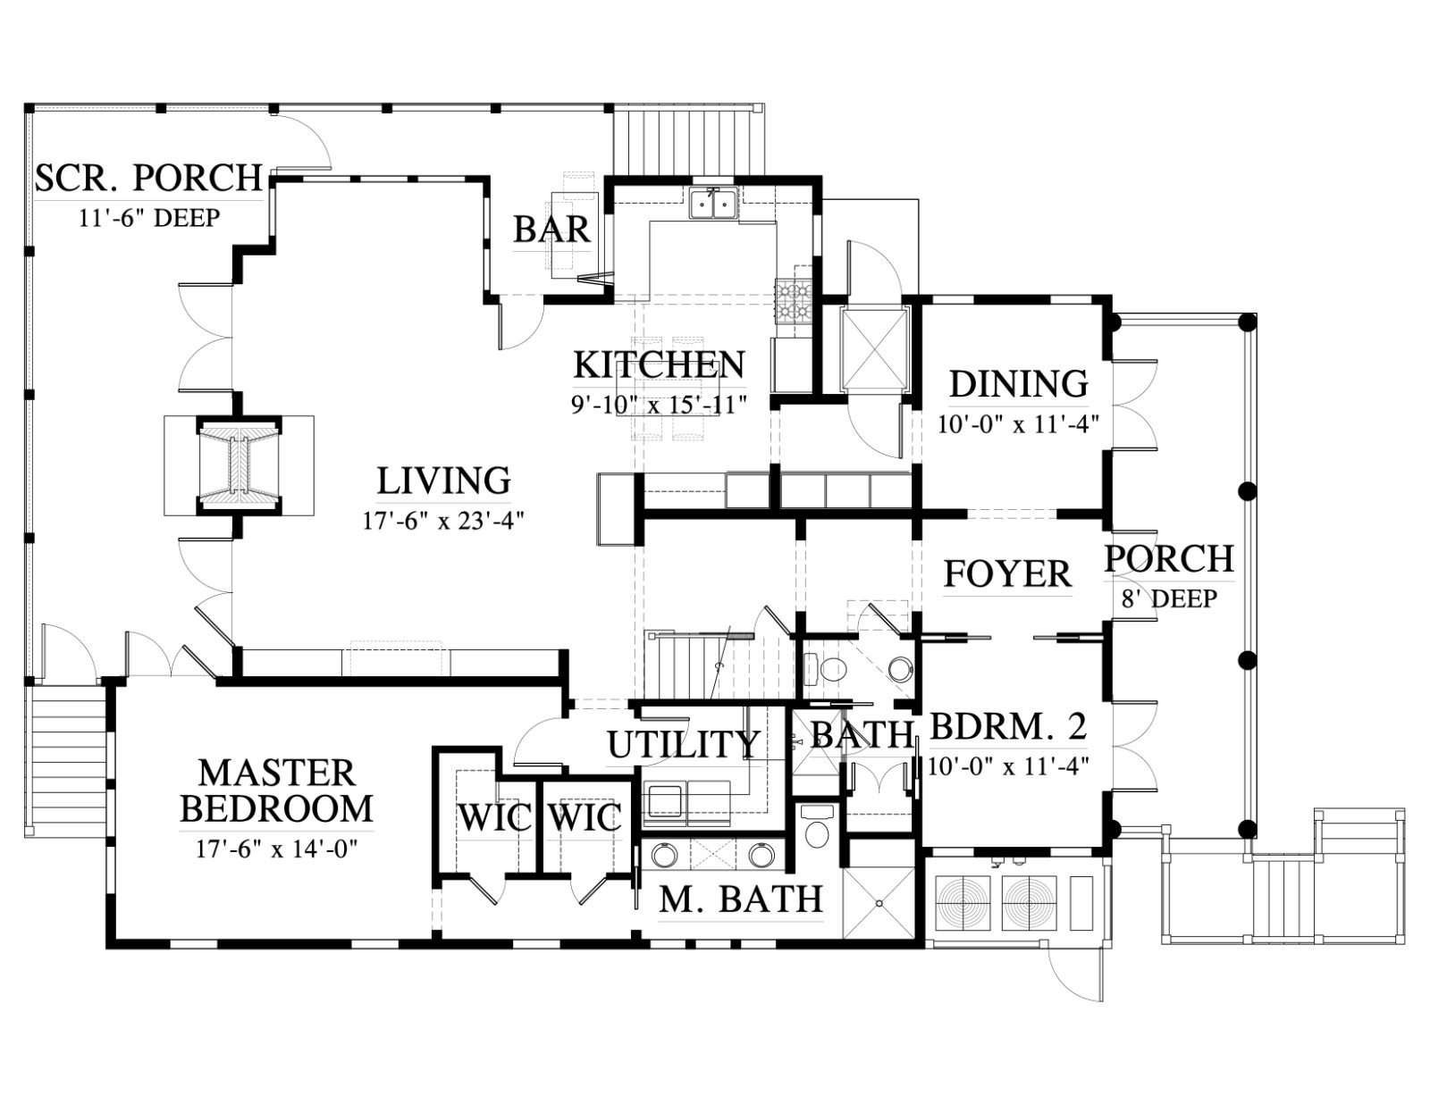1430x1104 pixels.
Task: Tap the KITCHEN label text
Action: (x=659, y=365)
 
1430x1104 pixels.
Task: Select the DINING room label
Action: (x=1018, y=384)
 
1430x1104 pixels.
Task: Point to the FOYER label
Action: (x=1007, y=574)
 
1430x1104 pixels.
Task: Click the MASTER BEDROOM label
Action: (x=277, y=791)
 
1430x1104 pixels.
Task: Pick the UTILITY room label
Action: (x=683, y=744)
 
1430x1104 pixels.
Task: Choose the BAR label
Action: (x=551, y=230)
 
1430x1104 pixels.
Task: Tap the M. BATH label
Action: (x=741, y=899)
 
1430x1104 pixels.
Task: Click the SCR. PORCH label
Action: (x=148, y=178)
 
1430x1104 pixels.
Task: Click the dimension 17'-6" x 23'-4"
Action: (x=443, y=522)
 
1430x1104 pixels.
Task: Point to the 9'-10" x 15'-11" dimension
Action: (x=659, y=405)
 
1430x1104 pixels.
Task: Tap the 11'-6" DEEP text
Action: (x=149, y=218)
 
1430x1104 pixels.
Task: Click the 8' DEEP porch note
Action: (x=1169, y=598)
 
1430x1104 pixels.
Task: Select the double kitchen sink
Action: (x=713, y=203)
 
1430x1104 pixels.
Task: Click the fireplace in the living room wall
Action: (x=239, y=465)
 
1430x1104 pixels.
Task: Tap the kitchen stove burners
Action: (x=795, y=303)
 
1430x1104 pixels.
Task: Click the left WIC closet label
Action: (x=495, y=817)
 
